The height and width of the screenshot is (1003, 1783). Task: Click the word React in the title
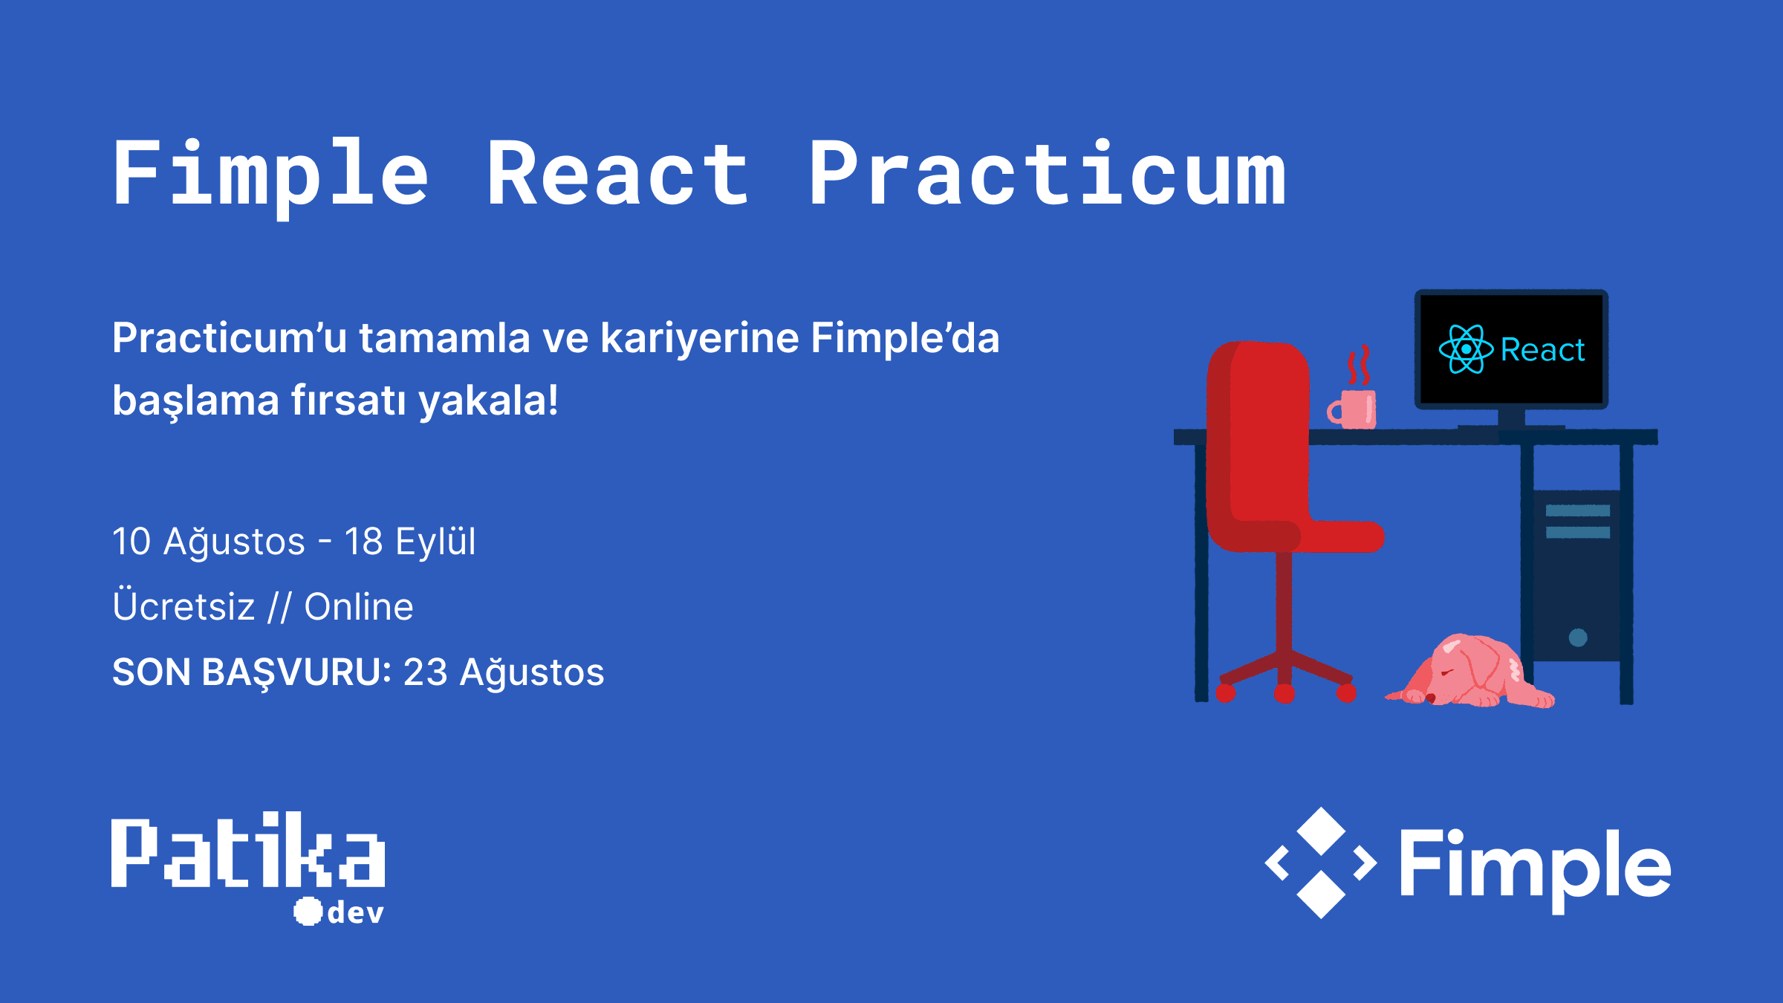point(618,175)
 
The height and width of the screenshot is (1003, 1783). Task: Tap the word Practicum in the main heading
point(1048,175)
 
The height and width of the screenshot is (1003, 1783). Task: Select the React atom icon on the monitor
point(1466,349)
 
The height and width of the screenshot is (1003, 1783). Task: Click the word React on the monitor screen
point(1542,350)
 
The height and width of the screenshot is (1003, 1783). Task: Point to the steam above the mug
point(1359,365)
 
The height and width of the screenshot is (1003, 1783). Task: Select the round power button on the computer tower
point(1578,637)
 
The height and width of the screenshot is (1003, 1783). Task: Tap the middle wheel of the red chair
point(1285,694)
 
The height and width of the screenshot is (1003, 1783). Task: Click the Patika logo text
point(247,851)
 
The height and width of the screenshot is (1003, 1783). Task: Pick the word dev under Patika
point(355,912)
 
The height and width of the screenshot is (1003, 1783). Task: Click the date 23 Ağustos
point(504,672)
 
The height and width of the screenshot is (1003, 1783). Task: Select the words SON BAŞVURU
point(251,672)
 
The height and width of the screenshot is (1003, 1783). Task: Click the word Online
point(359,607)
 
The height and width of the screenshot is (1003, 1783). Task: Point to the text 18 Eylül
point(409,542)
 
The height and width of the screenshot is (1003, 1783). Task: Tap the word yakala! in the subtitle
point(488,401)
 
